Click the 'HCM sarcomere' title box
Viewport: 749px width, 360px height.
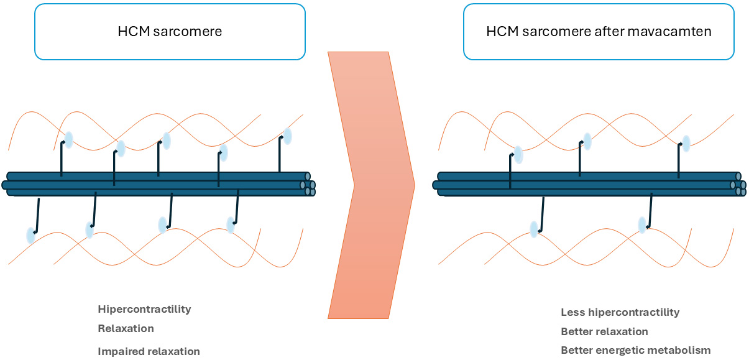[x=170, y=32]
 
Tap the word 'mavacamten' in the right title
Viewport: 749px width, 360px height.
[x=676, y=32]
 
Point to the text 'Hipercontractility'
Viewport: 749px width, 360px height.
[x=144, y=309]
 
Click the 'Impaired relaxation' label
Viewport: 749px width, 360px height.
[x=149, y=351]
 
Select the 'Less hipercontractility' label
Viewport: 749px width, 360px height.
[x=620, y=312]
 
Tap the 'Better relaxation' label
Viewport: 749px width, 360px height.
[x=604, y=331]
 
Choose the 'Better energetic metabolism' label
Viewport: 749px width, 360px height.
[x=635, y=351]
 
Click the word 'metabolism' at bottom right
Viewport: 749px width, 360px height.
[x=682, y=351]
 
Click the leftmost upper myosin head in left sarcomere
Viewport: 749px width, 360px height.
[x=68, y=140]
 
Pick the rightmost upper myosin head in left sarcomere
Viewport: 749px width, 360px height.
[x=287, y=136]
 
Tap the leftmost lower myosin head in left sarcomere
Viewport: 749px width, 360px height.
[x=30, y=235]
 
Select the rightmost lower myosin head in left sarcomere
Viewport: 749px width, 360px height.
[x=231, y=224]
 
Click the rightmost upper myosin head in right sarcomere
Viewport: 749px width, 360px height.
[x=686, y=144]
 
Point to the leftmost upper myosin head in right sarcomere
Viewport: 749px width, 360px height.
[x=518, y=155]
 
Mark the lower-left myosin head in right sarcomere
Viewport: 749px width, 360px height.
[x=534, y=229]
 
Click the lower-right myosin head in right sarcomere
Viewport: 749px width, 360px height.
[x=643, y=224]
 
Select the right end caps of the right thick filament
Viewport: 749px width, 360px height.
[x=739, y=185]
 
